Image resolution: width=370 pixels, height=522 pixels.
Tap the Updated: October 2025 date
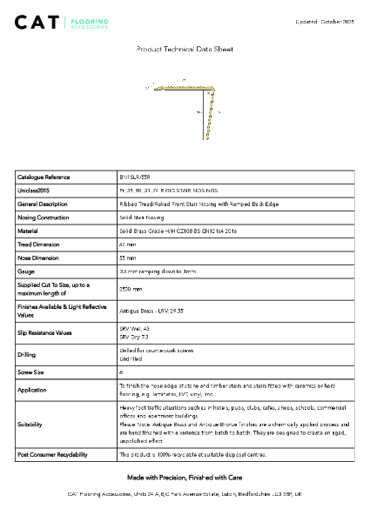[325, 19]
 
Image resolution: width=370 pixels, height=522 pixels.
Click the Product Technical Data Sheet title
[185, 50]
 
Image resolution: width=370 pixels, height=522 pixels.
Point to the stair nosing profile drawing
[185, 104]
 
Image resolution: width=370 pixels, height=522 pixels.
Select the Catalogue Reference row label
[44, 177]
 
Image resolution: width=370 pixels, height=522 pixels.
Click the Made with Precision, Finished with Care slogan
[185, 478]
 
